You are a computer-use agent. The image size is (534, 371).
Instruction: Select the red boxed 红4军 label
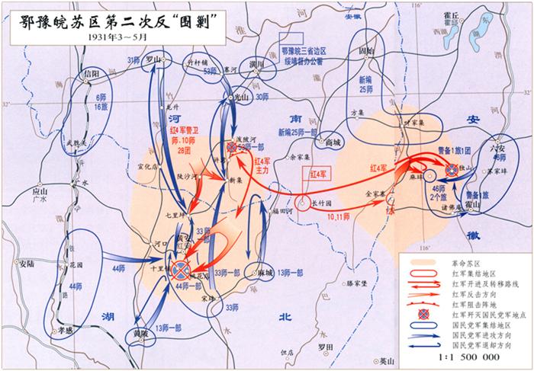(x=314, y=174)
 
